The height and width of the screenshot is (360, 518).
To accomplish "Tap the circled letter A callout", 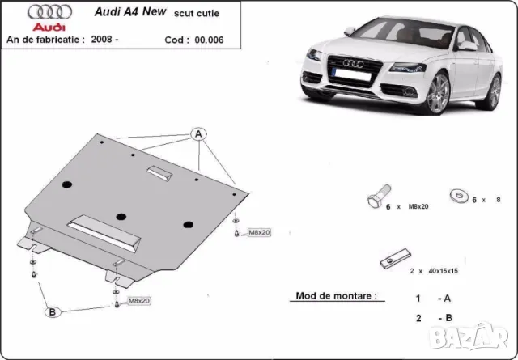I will click(197, 133).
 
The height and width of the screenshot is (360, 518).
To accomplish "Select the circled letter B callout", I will click(52, 311).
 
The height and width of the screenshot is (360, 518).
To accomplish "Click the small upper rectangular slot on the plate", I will click(159, 172).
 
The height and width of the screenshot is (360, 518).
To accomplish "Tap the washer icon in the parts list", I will click(458, 195).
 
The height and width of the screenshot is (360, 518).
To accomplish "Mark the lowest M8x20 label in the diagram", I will click(138, 301).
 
